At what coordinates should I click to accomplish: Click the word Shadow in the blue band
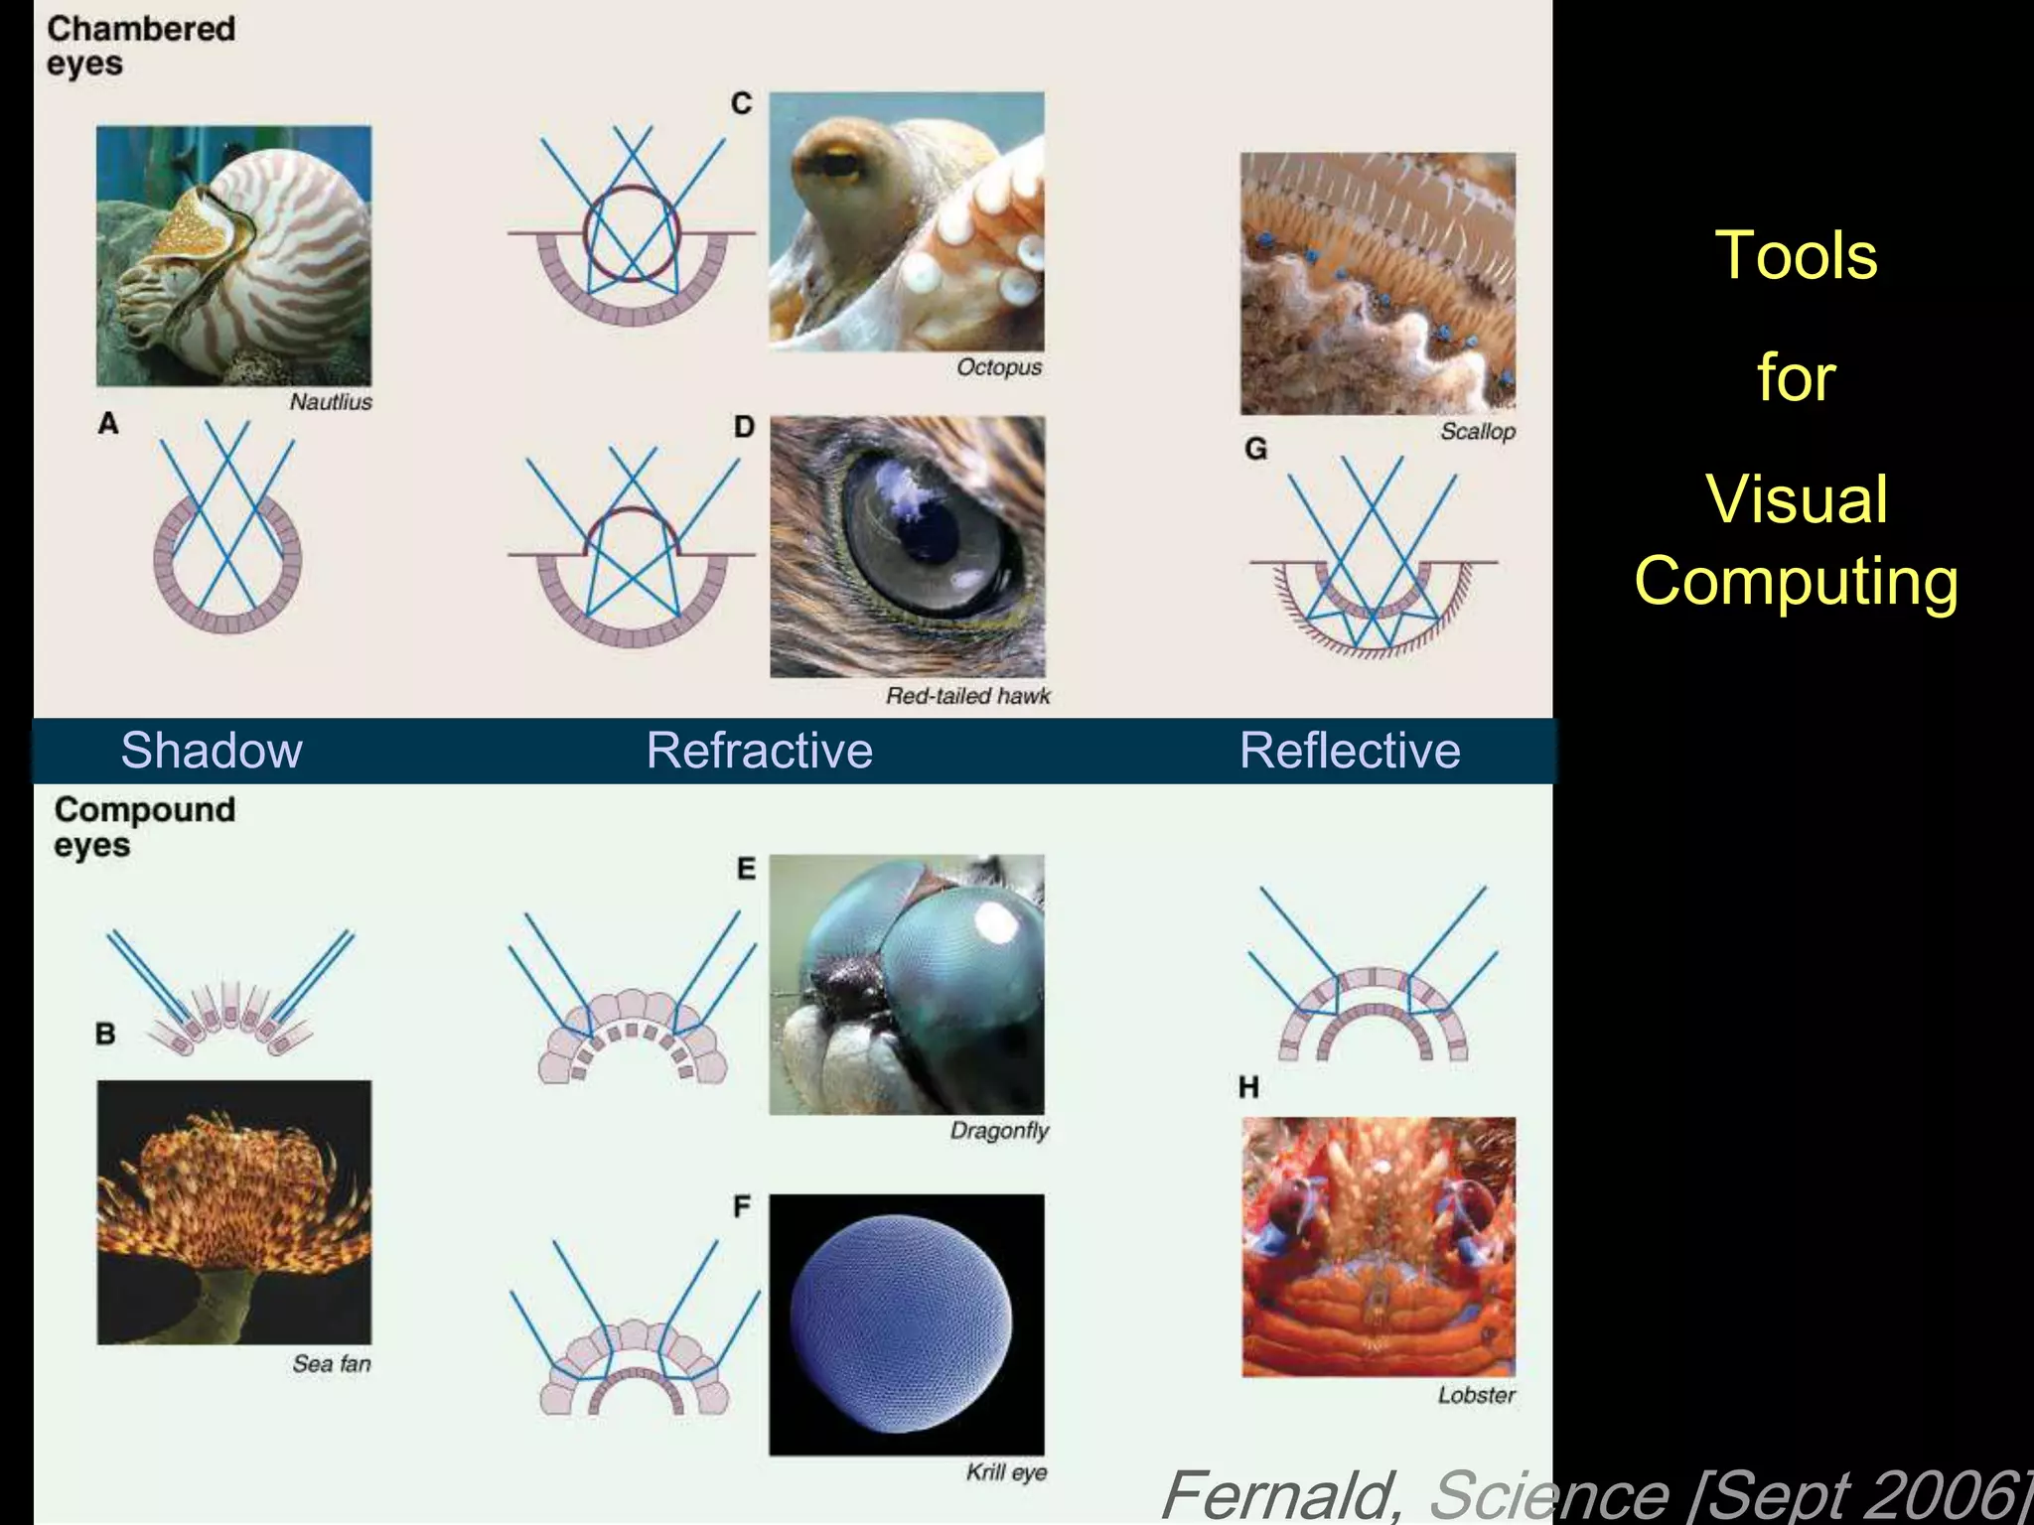[x=212, y=751]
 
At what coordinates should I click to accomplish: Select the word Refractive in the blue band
[x=760, y=751]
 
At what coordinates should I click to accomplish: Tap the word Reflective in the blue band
[x=1350, y=751]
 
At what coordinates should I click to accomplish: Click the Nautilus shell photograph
[x=234, y=255]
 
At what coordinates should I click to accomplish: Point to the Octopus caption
[x=999, y=367]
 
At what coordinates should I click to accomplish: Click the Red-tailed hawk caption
[x=967, y=696]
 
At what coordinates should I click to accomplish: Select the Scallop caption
[x=1478, y=432]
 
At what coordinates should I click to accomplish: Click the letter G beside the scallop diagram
[x=1256, y=450]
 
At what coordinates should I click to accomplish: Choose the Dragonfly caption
[x=999, y=1131]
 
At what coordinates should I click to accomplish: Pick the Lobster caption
[x=1477, y=1395]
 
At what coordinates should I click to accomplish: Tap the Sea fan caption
[x=332, y=1364]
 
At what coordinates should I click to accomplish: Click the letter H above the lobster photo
[x=1249, y=1088]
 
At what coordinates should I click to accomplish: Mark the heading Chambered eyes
[x=141, y=46]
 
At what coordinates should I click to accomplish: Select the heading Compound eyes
[x=145, y=827]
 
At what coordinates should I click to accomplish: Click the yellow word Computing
[x=1796, y=581]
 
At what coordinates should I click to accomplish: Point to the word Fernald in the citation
[x=1281, y=1495]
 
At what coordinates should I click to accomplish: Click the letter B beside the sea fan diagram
[x=105, y=1034]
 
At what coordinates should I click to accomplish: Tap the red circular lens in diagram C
[x=632, y=233]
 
